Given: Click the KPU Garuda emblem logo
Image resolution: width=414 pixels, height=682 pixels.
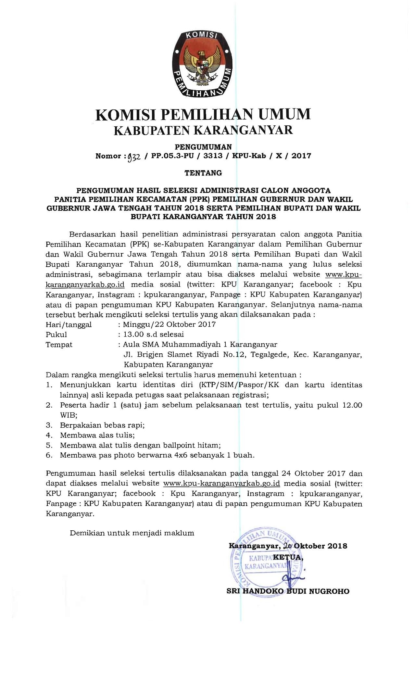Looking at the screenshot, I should coord(203,63).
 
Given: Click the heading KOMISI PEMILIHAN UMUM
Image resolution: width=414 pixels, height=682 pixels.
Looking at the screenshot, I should coord(203,114).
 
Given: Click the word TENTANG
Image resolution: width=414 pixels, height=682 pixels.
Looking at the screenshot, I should coord(203,173).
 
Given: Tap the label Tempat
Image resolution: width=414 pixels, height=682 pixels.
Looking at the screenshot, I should coord(59,344).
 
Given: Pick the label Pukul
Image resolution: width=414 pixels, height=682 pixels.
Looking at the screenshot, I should coord(56,334).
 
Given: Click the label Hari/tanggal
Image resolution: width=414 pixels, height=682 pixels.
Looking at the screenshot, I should coord(69,324).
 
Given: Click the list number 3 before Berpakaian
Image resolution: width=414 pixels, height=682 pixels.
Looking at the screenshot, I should coord(49,425).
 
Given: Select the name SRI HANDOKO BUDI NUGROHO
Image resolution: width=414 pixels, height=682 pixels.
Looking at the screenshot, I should coord(288,591).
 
